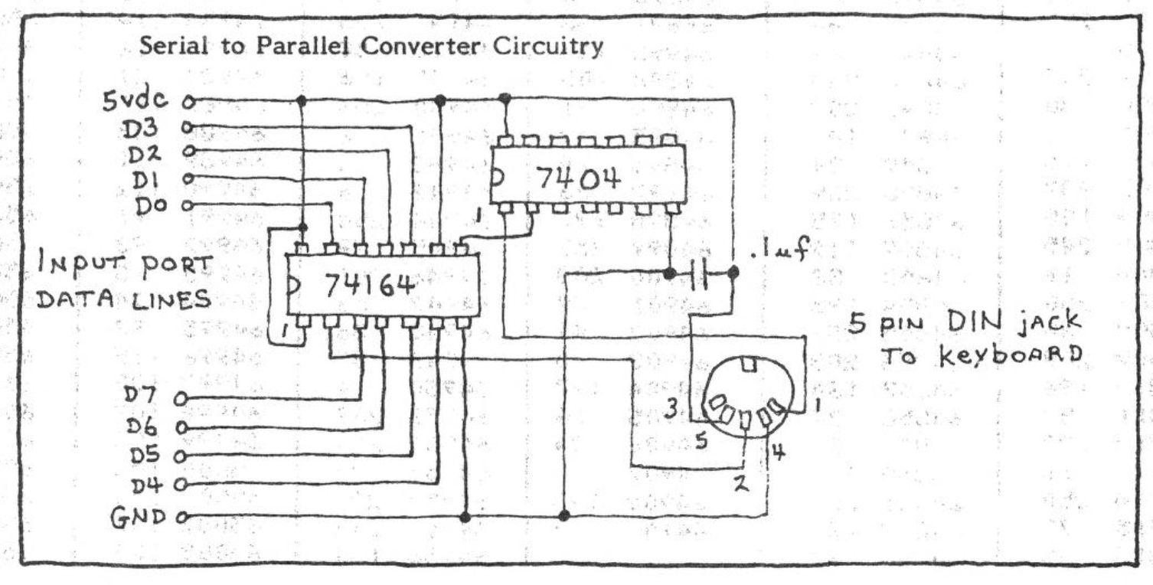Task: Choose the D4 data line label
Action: (150, 484)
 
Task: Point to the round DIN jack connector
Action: (749, 398)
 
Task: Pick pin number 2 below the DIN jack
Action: (741, 485)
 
